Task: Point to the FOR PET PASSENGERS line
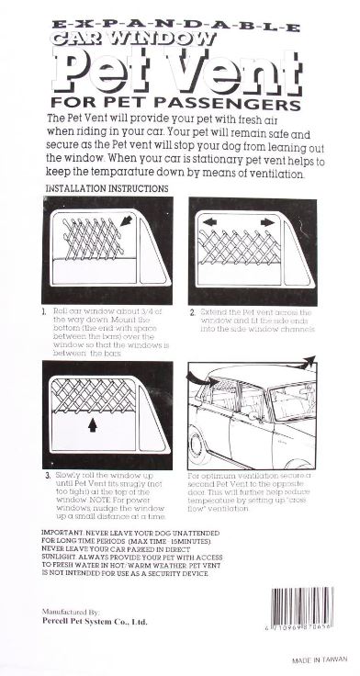click(177, 102)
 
